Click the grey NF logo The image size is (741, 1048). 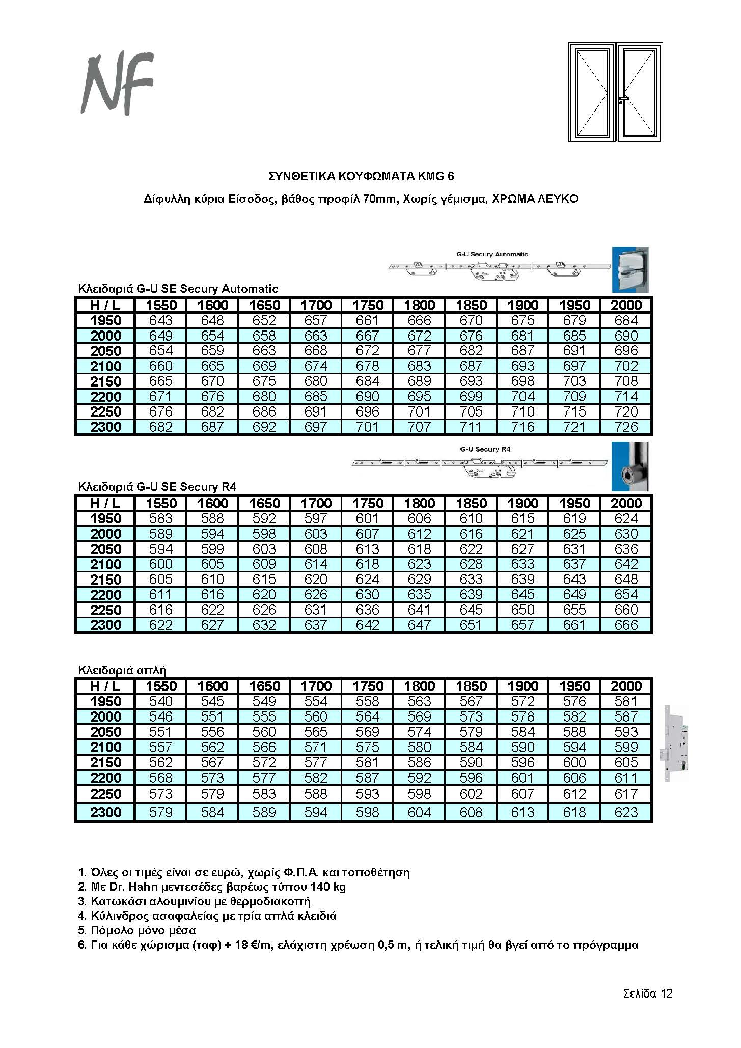[118, 85]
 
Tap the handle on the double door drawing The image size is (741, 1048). [623, 99]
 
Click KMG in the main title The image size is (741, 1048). [431, 176]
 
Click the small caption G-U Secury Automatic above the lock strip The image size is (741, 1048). [492, 254]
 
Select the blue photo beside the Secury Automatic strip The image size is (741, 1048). [630, 269]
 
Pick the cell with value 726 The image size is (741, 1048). [626, 427]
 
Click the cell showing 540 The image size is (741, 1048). [161, 701]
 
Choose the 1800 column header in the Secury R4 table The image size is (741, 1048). [419, 503]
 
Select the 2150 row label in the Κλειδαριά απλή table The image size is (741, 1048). [105, 762]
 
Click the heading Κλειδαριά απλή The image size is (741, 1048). [122, 670]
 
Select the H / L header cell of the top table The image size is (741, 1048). [105, 305]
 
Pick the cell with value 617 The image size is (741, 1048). [626, 794]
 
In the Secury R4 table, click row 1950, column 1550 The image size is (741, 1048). [161, 518]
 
